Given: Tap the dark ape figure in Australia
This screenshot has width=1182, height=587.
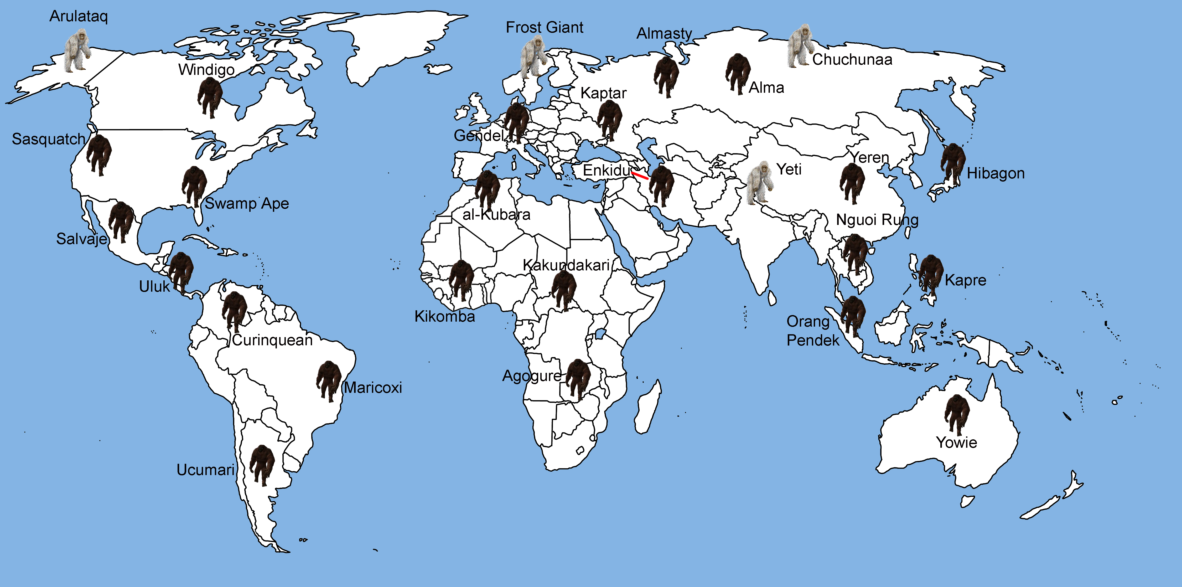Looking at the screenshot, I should pyautogui.click(x=957, y=414).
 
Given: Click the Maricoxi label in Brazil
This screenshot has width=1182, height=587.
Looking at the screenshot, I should pyautogui.click(x=373, y=388).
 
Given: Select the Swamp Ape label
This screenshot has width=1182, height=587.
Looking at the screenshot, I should pyautogui.click(x=247, y=203).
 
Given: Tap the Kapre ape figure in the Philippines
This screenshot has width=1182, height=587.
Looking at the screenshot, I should pyautogui.click(x=931, y=275).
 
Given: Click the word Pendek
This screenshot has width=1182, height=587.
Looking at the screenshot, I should pyautogui.click(x=813, y=341).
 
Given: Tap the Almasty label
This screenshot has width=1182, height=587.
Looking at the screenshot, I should pyautogui.click(x=664, y=34).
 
